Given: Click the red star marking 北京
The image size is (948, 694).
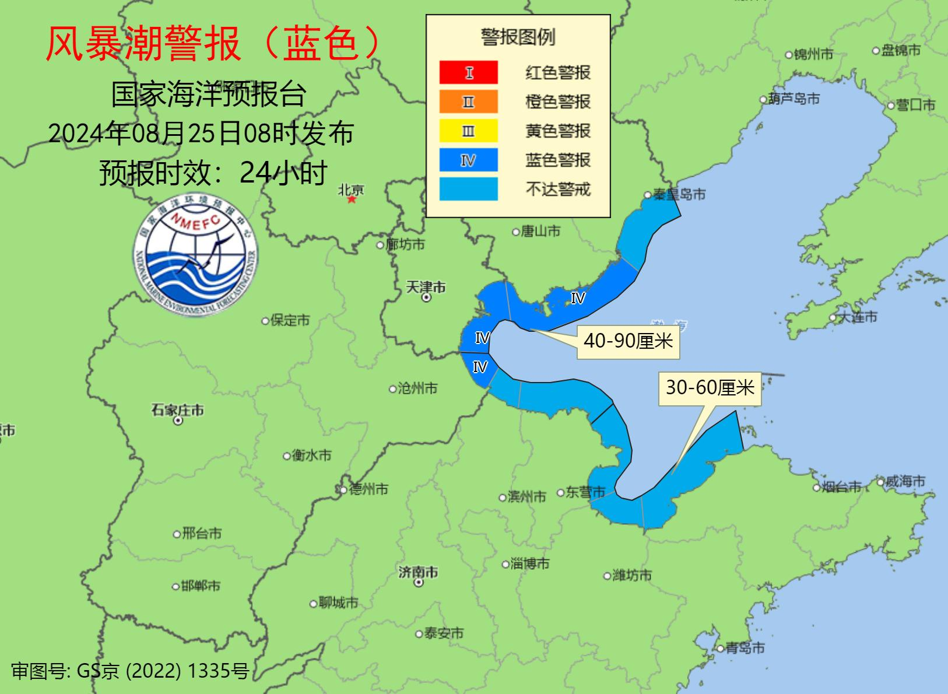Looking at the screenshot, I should (352, 199).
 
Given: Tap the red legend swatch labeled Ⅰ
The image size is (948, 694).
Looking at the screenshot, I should (469, 73).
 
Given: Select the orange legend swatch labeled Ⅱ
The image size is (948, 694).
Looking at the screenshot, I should (469, 102).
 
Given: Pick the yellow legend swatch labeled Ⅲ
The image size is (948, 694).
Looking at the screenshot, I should (469, 131).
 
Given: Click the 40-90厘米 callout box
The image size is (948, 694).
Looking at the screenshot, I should (628, 341).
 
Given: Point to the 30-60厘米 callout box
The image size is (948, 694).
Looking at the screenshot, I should (710, 388).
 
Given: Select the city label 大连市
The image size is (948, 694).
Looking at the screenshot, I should (856, 317).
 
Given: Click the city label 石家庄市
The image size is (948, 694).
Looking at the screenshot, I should (178, 411).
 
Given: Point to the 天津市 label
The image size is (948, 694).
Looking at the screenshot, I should (426, 288).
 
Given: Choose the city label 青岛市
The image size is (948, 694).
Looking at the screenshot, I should (745, 648).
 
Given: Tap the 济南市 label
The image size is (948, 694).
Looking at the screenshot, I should (418, 573).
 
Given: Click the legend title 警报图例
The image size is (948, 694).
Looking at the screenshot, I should (518, 37).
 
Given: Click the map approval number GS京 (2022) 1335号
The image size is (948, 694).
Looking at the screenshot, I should (130, 671).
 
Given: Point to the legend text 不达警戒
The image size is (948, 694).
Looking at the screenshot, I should (558, 189).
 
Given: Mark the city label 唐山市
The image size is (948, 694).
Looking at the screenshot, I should (540, 232).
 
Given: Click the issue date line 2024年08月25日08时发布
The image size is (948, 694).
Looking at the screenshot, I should (201, 134).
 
